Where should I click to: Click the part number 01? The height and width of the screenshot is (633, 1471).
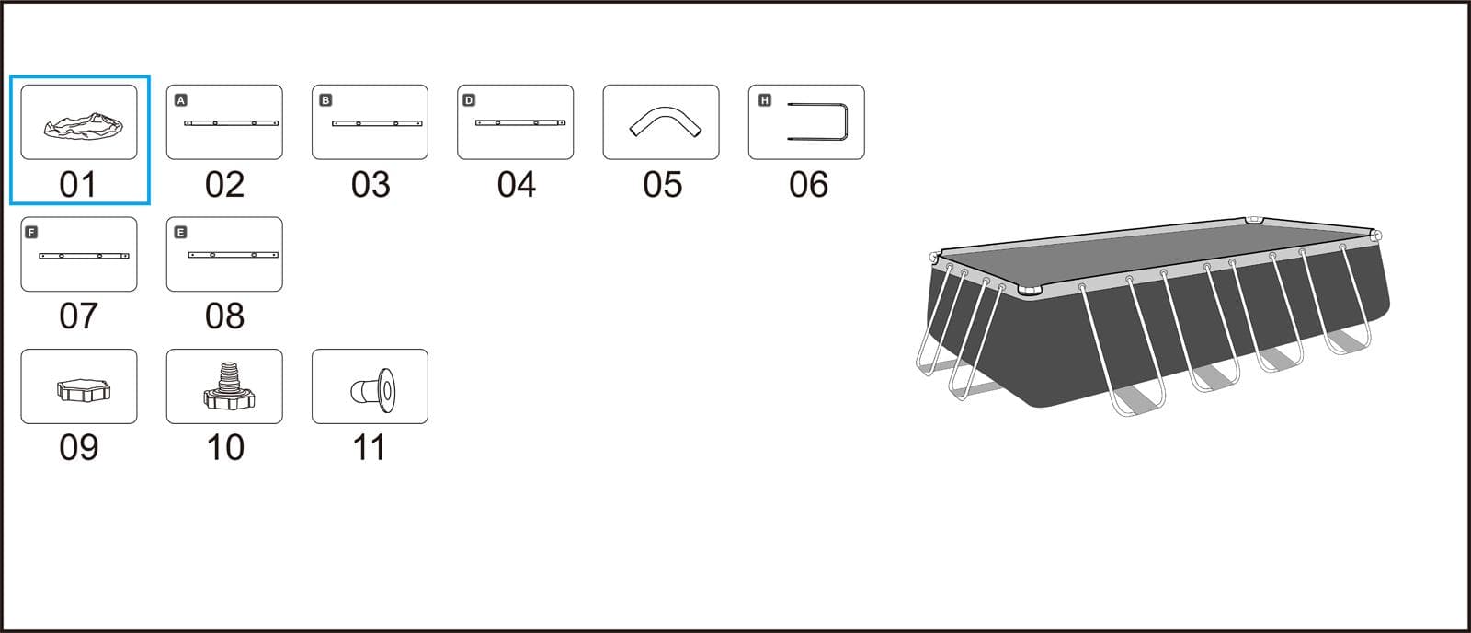coord(78,185)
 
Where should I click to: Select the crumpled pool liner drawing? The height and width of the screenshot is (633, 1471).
coord(84,125)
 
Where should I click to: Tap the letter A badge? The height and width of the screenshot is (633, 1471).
coord(180,100)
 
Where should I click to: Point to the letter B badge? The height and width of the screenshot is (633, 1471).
coord(325,100)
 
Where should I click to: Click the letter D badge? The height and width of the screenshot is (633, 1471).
coord(469,100)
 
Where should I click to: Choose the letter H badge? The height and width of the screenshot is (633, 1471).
coord(764,100)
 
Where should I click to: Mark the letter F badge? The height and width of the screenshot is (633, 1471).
coord(31,232)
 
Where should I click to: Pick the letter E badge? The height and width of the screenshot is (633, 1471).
coord(180,232)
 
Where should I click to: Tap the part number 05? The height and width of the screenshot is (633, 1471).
coord(662,185)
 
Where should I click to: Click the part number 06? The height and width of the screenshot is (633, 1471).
coord(808,185)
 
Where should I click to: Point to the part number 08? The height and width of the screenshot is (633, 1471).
coord(224,316)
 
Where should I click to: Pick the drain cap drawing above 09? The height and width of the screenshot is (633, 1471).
coord(84,390)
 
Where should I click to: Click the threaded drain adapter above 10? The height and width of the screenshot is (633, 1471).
coord(229,386)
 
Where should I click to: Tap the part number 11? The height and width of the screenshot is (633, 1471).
coord(369,448)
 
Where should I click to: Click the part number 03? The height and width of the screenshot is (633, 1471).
coord(371,185)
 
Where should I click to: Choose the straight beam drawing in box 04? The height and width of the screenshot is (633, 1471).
coord(520,123)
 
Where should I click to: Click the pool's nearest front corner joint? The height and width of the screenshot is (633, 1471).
coord(1030,291)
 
